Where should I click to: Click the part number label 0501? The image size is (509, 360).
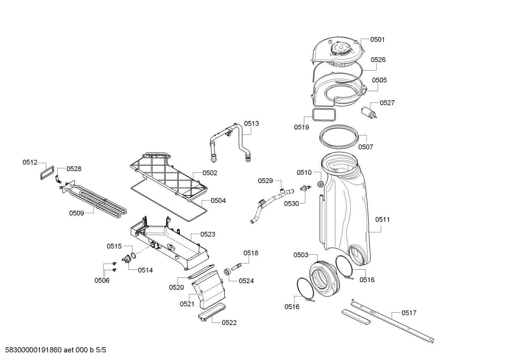377,40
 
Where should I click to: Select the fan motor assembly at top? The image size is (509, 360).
337,53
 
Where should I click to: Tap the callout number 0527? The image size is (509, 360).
387,103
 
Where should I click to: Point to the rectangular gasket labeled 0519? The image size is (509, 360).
324,114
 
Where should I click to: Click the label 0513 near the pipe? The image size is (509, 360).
251,123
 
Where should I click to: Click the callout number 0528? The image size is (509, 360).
74,169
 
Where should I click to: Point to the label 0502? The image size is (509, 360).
210,173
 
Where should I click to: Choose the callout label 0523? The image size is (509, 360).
208,234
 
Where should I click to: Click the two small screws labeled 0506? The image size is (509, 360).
114,267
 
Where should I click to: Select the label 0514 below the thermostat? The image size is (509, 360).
145,270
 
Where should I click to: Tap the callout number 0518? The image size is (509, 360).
251,253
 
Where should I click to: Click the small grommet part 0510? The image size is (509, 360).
321,184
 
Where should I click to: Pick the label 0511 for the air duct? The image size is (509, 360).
382,219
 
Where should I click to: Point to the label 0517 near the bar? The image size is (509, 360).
409,313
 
